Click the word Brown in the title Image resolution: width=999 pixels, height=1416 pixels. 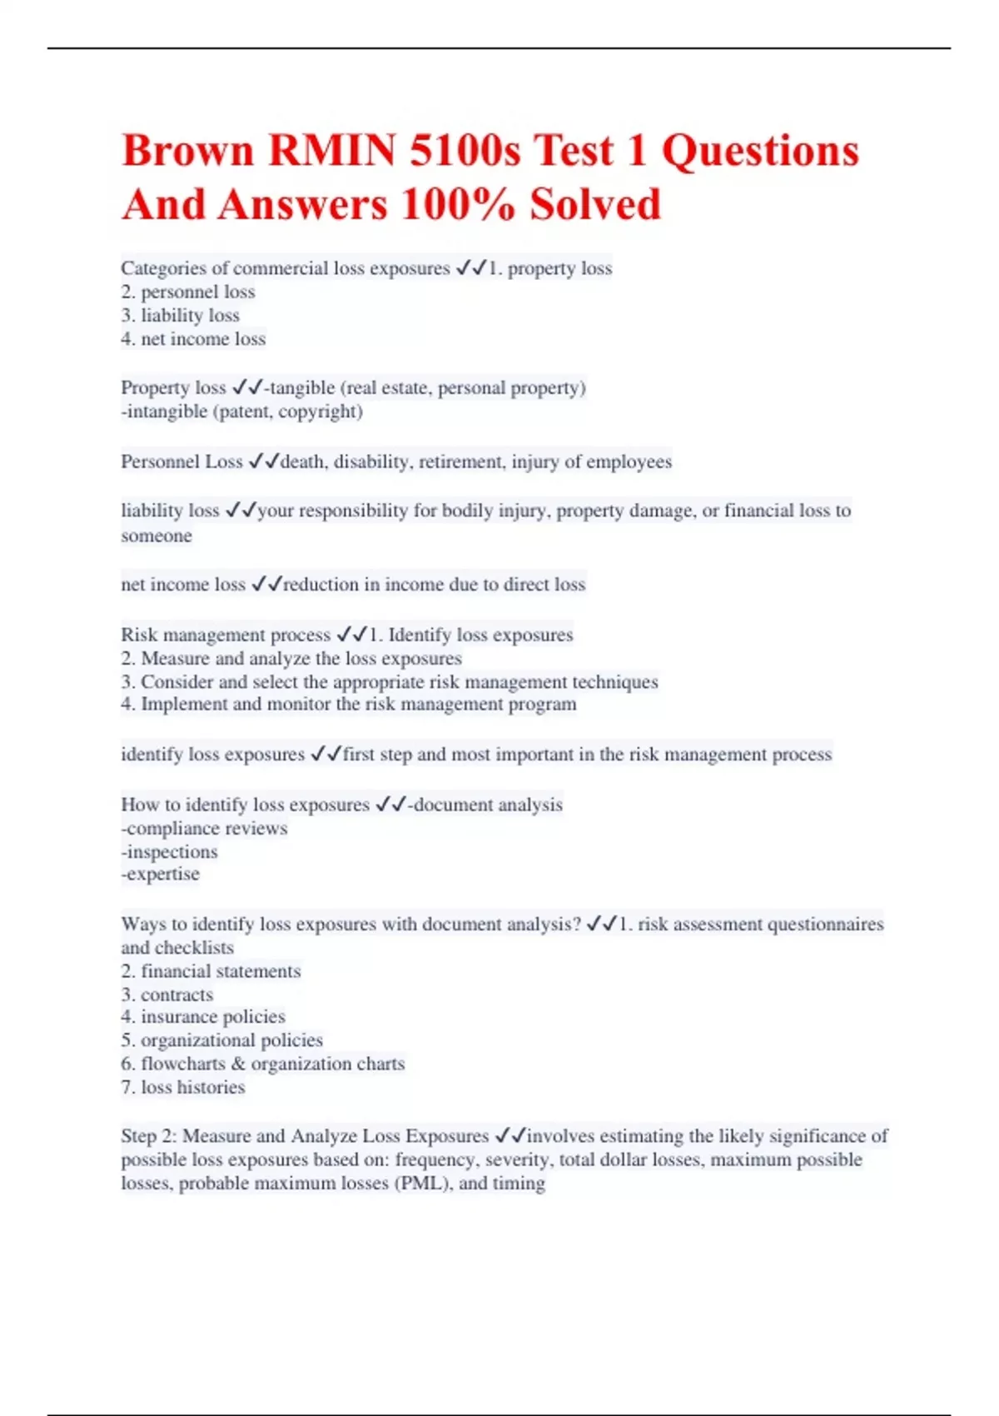(187, 151)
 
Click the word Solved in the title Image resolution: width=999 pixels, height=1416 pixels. (595, 205)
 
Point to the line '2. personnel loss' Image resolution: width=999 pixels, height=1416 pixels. (188, 292)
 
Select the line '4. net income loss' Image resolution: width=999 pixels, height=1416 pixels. (193, 339)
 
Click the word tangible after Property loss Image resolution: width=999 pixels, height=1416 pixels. (302, 388)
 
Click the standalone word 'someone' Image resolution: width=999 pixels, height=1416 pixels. (157, 536)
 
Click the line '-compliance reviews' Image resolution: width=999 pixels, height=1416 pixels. (204, 829)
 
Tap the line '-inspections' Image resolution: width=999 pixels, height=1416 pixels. (169, 852)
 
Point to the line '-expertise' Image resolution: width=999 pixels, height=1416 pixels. (161, 875)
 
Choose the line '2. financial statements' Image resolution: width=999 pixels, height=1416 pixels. (211, 971)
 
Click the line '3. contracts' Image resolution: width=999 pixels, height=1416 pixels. (166, 995)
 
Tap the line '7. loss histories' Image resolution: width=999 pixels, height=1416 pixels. (183, 1087)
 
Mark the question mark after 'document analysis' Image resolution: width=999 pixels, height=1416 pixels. (576, 925)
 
